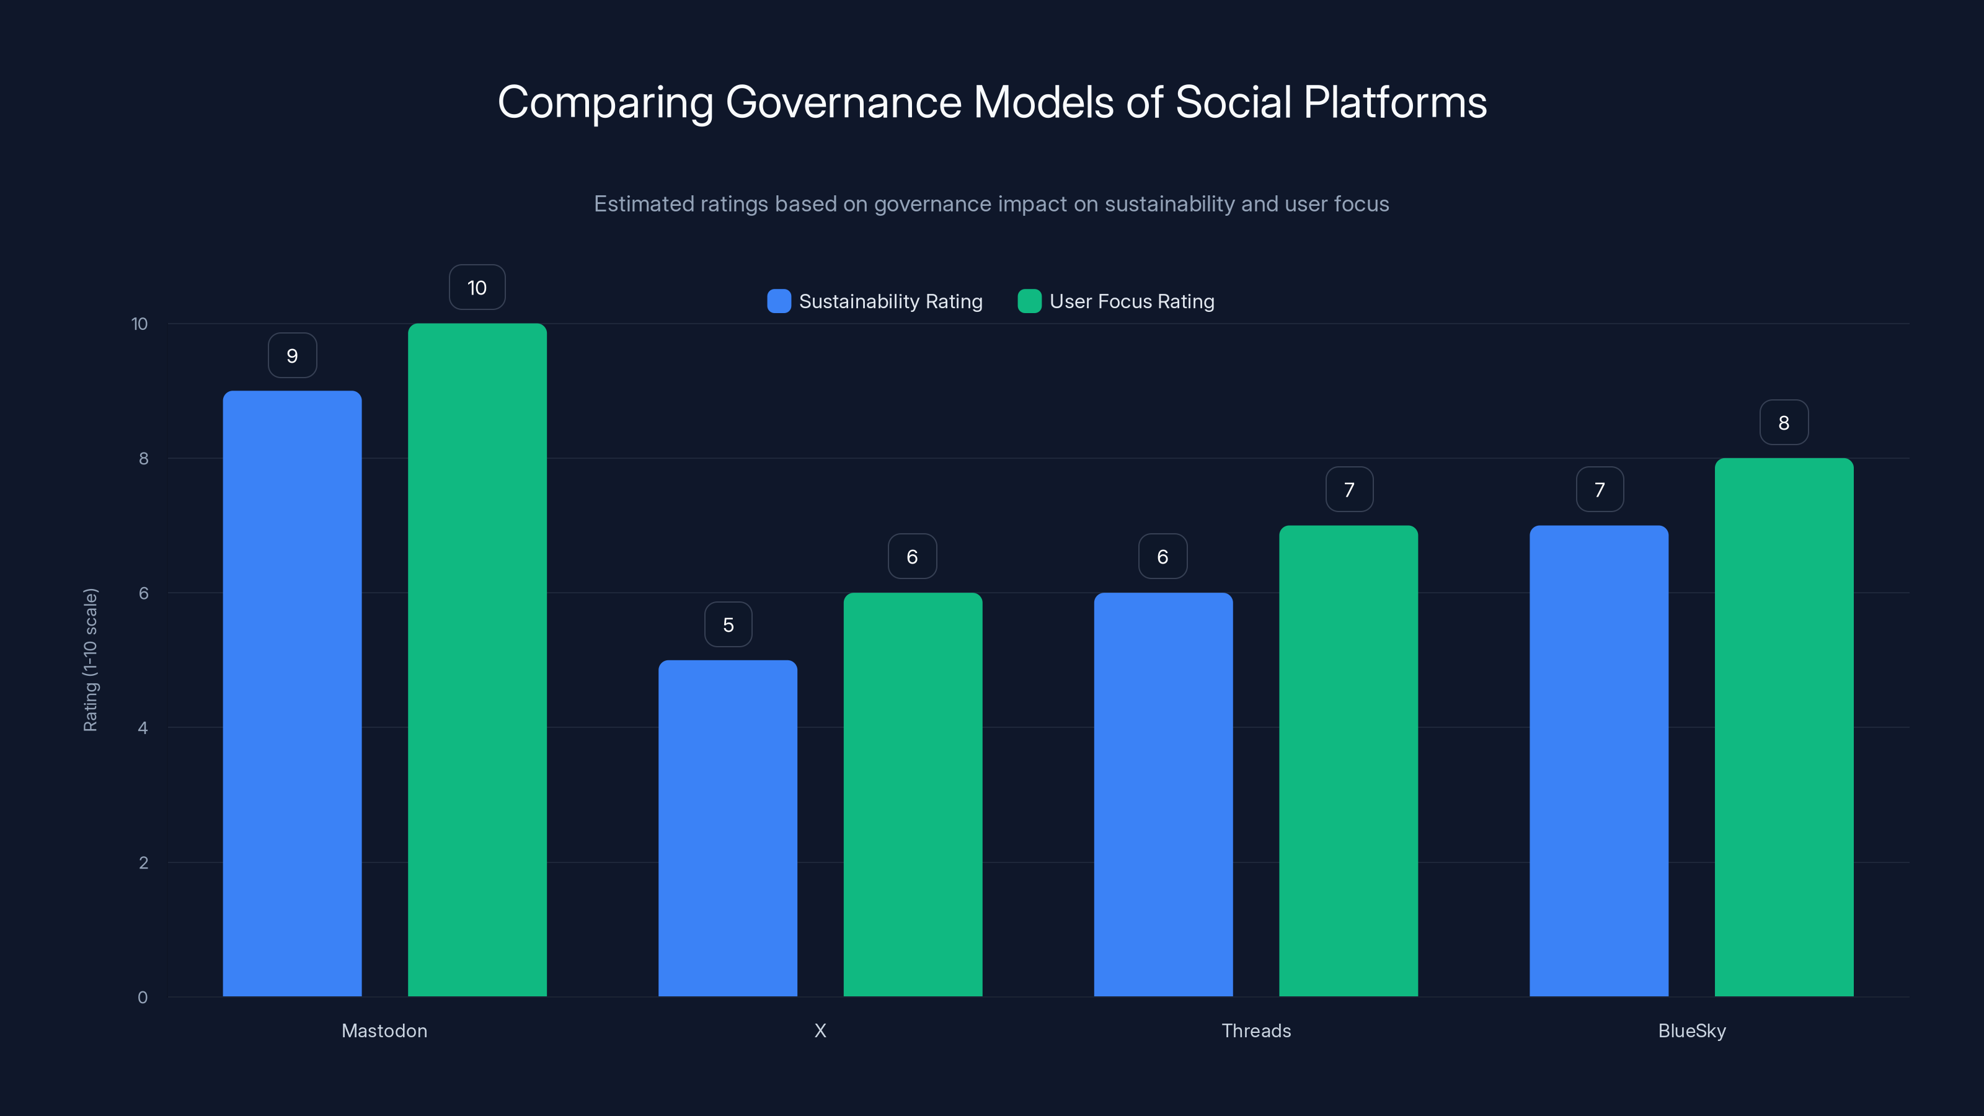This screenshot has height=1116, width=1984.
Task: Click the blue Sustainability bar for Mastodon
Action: [292, 693]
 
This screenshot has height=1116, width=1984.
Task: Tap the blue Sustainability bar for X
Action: [727, 828]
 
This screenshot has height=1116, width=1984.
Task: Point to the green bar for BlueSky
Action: [1783, 727]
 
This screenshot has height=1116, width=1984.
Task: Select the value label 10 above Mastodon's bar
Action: [477, 287]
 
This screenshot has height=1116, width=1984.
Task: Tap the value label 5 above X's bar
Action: [728, 624]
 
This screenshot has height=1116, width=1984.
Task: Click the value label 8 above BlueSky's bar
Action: [1784, 423]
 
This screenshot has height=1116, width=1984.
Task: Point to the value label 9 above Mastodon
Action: [292, 356]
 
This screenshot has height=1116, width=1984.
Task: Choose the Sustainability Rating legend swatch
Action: [779, 301]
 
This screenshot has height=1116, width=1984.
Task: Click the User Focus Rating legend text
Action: [1131, 301]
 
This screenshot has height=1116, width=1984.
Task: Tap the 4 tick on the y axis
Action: [143, 728]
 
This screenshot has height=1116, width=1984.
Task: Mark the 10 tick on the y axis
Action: [139, 324]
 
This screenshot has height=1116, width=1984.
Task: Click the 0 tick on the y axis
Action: [143, 998]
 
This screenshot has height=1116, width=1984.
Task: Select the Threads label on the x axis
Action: [1255, 1030]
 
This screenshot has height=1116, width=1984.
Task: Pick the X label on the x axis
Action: [820, 1030]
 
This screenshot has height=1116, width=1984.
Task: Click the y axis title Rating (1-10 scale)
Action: [90, 660]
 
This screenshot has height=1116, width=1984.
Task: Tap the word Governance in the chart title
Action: [843, 102]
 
